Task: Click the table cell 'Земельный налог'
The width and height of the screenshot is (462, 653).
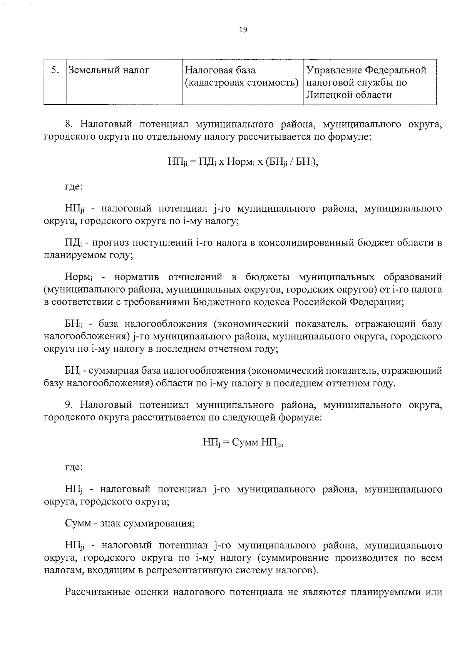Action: (x=109, y=70)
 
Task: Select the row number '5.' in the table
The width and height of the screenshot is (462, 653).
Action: (x=55, y=70)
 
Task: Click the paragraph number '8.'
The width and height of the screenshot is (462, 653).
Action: (x=69, y=124)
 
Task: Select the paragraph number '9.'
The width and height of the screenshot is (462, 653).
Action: (x=69, y=405)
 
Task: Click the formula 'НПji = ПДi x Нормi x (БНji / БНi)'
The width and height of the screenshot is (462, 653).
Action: (x=243, y=162)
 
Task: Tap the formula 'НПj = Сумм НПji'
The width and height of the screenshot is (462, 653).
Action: (x=243, y=443)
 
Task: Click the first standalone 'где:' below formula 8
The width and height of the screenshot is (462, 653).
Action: (x=73, y=187)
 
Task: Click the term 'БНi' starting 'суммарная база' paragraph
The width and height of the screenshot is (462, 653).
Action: (x=72, y=371)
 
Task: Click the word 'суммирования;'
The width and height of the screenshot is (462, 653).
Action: (x=159, y=524)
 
